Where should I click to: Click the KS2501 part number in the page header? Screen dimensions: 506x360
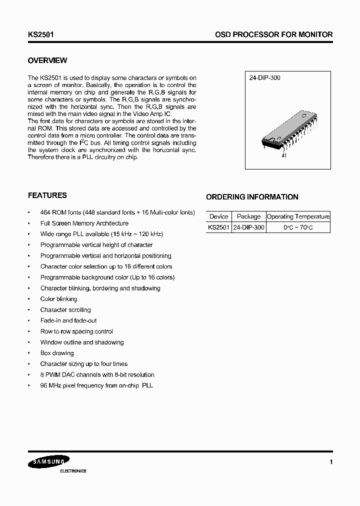pos(41,34)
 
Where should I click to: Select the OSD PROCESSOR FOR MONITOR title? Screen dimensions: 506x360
pos(273,34)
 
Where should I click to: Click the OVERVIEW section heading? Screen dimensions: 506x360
pos(47,60)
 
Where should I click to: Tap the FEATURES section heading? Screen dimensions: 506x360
pos(47,195)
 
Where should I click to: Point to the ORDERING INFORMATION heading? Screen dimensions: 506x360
pos(252,197)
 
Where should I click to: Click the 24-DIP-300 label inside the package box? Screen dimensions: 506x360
pos(264,78)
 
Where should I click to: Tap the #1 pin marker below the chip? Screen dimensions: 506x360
pos(284,156)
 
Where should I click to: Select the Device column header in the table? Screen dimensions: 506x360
pos(218,216)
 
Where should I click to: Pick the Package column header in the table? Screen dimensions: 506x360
pos(248,216)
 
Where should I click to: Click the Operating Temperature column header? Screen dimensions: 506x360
pos(298,216)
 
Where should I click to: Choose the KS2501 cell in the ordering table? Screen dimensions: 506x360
pos(218,227)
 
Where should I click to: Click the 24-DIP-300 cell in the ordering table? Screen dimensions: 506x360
pos(248,227)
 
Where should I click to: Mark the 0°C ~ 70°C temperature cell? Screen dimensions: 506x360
pos(298,227)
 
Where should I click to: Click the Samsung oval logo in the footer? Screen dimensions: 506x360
pos(48,462)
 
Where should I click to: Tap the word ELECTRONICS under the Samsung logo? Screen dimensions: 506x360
pos(73,471)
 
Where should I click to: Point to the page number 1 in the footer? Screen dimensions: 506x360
pos(331,462)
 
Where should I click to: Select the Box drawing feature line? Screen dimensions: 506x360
pos(57,353)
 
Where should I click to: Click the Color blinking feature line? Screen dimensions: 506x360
pos(58,299)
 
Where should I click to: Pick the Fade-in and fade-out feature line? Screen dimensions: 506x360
pos(68,320)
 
